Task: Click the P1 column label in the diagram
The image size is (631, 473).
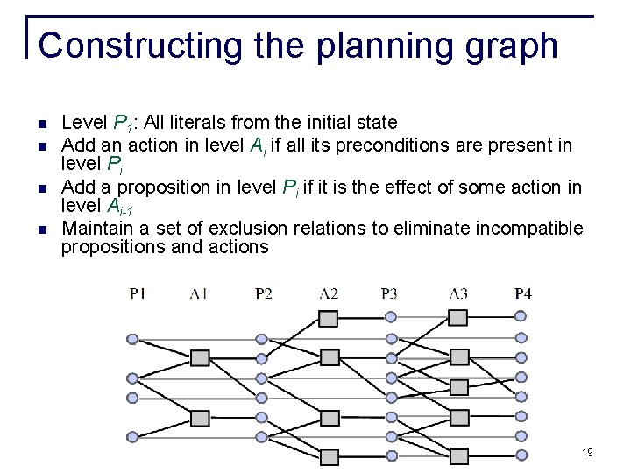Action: point(138,293)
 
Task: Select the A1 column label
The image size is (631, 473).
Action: point(199,293)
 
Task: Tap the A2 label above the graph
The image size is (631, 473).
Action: point(329,293)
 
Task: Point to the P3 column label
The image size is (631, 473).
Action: point(390,293)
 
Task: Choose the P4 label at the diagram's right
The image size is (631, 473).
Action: point(522,293)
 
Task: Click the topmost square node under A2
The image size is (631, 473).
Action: point(329,319)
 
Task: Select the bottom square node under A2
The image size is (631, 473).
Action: point(329,456)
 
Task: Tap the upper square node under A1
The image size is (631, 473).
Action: point(200,357)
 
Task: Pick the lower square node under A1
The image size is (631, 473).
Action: point(200,417)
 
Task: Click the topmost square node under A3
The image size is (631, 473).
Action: point(457,318)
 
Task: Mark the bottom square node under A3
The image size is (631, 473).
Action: point(457,455)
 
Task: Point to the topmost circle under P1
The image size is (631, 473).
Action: point(132,338)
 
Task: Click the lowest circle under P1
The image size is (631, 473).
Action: point(132,418)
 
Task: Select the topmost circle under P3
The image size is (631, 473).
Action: point(392,317)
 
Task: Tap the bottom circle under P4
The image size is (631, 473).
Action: point(521,455)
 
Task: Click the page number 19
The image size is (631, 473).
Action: point(587,453)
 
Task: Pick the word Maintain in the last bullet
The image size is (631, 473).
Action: point(97,229)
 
